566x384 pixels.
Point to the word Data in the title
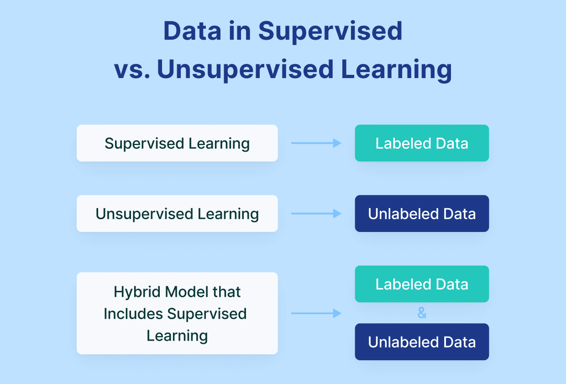[192, 31]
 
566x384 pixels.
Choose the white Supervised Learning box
[177, 143]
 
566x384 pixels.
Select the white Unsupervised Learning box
[177, 213]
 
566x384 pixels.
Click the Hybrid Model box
[177, 313]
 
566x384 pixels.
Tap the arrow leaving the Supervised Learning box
[316, 143]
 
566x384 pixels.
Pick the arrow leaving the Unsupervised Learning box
[316, 213]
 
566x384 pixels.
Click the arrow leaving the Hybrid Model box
[316, 313]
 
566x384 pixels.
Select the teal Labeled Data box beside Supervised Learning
[422, 143]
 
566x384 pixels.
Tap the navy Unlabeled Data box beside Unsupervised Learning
[422, 213]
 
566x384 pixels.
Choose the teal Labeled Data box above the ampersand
[422, 284]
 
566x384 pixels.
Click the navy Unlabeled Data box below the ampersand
[422, 342]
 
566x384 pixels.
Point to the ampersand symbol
[422, 313]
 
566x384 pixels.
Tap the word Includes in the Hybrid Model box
[133, 314]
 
